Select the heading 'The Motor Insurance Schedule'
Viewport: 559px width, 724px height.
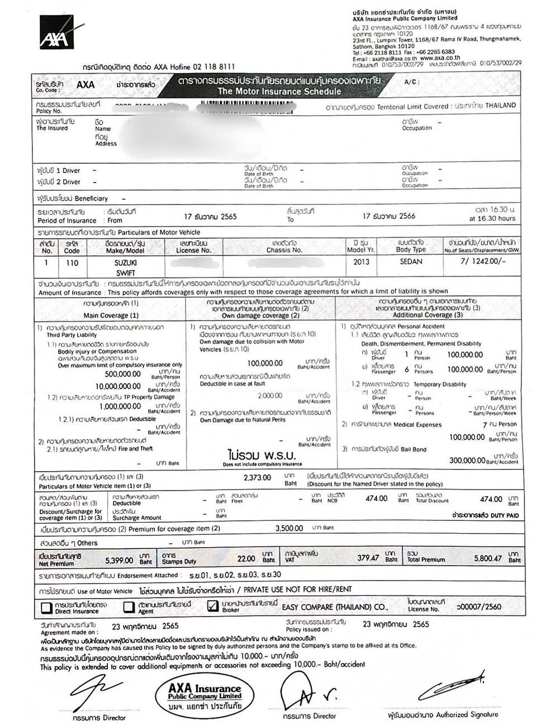pyautogui.click(x=279, y=91)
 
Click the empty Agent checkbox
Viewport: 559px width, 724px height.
pyautogui.click(x=129, y=607)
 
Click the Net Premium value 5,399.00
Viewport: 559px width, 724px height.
pyautogui.click(x=119, y=560)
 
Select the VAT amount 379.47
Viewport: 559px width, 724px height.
pyautogui.click(x=368, y=558)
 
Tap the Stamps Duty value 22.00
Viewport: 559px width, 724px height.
pyautogui.click(x=246, y=558)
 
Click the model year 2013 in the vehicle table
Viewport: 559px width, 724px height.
pyautogui.click(x=362, y=261)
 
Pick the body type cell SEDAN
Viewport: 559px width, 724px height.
pyautogui.click(x=411, y=261)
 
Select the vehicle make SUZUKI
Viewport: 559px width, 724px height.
pyautogui.click(x=125, y=262)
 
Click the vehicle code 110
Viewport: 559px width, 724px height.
pyautogui.click(x=72, y=262)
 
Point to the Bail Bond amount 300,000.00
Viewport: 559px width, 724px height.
pyautogui.click(x=467, y=460)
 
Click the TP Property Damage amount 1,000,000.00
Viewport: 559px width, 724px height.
pyautogui.click(x=119, y=407)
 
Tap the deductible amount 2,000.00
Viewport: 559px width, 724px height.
pyautogui.click(x=270, y=396)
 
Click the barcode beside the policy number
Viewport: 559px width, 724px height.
pyautogui.click(x=246, y=105)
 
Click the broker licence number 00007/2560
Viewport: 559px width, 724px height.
pyautogui.click(x=479, y=607)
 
